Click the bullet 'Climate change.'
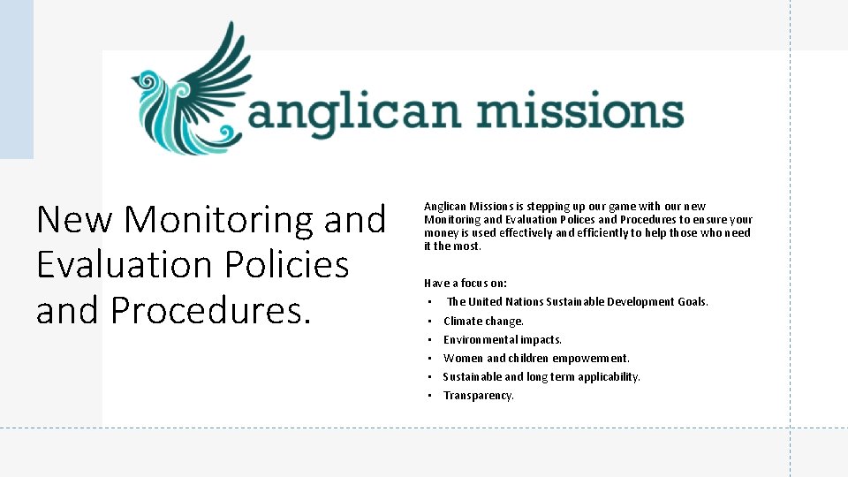pyautogui.click(x=483, y=322)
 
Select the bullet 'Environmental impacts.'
pyautogui.click(x=502, y=340)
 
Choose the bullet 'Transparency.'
pyautogui.click(x=478, y=396)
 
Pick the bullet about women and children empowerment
pyautogui.click(x=536, y=359)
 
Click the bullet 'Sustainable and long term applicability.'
pyautogui.click(x=541, y=377)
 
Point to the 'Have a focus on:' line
pyautogui.click(x=465, y=284)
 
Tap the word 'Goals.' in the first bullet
pyautogui.click(x=693, y=302)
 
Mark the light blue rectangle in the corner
pyautogui.click(x=16, y=79)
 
